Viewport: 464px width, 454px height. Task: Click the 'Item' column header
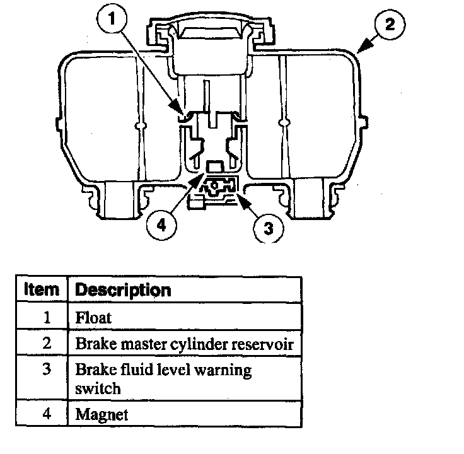[x=42, y=290]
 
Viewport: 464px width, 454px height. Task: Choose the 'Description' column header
[x=123, y=290]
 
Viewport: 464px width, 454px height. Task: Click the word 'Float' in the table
[x=93, y=317]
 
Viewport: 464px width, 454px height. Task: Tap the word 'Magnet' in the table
[x=101, y=414]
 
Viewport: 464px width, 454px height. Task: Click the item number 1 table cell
[x=45, y=317]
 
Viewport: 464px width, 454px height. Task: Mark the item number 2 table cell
[x=45, y=344]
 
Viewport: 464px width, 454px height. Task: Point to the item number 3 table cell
[x=45, y=370]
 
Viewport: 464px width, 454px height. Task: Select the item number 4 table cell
[x=45, y=414]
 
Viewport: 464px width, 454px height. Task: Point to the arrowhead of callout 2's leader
[x=358, y=51]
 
